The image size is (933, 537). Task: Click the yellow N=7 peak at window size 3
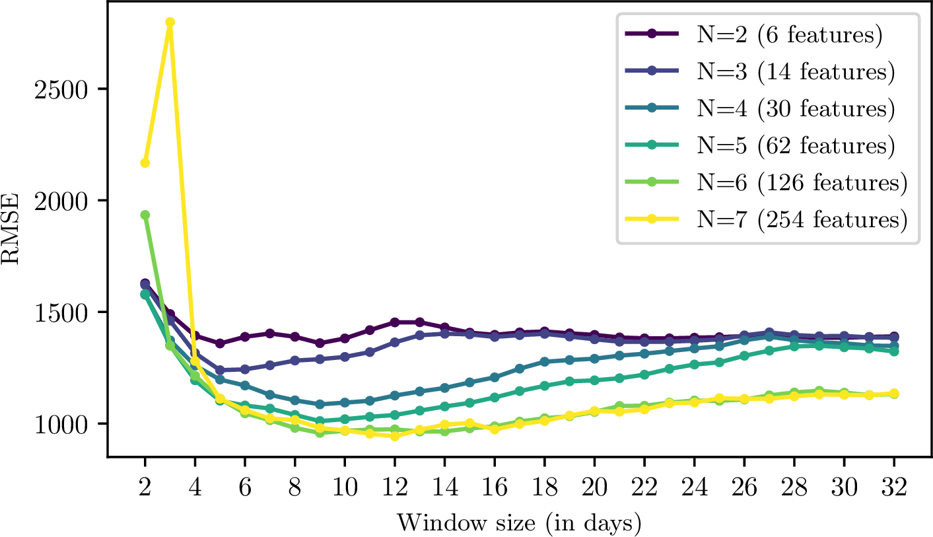[170, 22]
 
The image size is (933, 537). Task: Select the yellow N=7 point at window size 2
[145, 162]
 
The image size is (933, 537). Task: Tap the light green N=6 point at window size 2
[145, 215]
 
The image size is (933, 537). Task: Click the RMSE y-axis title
[15, 229]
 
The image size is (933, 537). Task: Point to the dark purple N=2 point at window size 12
[395, 322]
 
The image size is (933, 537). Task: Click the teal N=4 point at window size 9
[320, 404]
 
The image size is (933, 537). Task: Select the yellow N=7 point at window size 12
[395, 436]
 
